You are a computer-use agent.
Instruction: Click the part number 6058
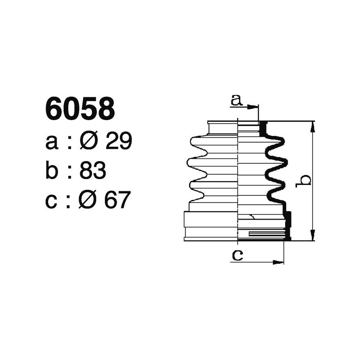[x=80, y=109]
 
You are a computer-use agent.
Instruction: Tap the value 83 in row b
[x=92, y=171]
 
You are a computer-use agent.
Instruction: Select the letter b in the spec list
[x=52, y=171]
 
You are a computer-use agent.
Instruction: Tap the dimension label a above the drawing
[x=236, y=100]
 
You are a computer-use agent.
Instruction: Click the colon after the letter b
[x=69, y=172]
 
